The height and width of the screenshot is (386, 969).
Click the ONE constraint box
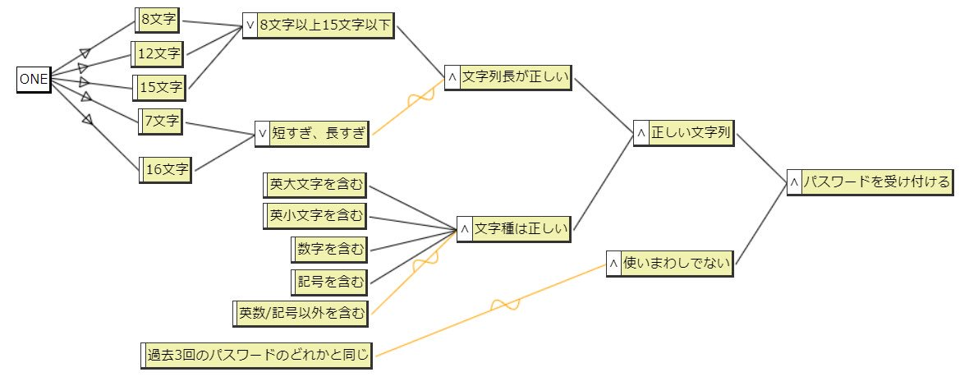click(34, 80)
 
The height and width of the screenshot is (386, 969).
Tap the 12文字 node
click(158, 54)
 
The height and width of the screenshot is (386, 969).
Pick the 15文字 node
click(160, 86)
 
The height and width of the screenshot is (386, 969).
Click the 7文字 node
click(161, 122)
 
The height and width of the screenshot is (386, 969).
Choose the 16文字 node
click(167, 170)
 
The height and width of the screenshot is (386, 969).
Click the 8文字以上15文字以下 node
click(325, 25)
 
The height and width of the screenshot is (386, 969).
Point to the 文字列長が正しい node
click(514, 77)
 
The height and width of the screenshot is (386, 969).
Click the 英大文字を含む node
click(316, 185)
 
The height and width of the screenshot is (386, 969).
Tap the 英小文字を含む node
click(316, 216)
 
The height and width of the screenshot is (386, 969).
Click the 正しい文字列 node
click(690, 133)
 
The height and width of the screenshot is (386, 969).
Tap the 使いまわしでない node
click(677, 264)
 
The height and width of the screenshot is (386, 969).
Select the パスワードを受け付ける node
click(875, 182)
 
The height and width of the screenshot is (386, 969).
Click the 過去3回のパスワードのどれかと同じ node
click(256, 356)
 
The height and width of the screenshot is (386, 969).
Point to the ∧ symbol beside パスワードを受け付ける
click(793, 182)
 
